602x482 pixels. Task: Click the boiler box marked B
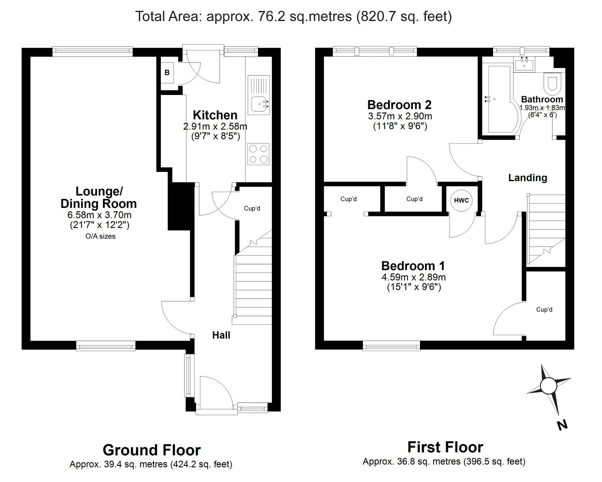pos(167,73)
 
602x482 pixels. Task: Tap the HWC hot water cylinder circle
pos(461,200)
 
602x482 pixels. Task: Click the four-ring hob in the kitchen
pos(258,154)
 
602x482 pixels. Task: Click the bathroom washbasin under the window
pos(524,64)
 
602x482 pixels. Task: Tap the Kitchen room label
pos(215,115)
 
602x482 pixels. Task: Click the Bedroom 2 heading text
pos(399,105)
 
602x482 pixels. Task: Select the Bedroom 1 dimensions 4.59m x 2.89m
pos(414,277)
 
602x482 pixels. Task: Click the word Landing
pos(527,178)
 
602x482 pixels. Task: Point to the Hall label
pos(221,335)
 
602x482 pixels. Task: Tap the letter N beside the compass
pos(562,425)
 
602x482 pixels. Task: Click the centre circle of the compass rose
pos(549,386)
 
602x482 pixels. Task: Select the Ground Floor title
pos(152,450)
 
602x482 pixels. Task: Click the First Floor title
pos(445,447)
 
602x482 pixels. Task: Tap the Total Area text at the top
pos(294,16)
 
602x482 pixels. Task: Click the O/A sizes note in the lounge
pos(100,236)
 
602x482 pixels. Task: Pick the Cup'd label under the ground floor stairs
pos(252,208)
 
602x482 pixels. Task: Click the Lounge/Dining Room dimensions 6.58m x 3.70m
pos(99,215)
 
